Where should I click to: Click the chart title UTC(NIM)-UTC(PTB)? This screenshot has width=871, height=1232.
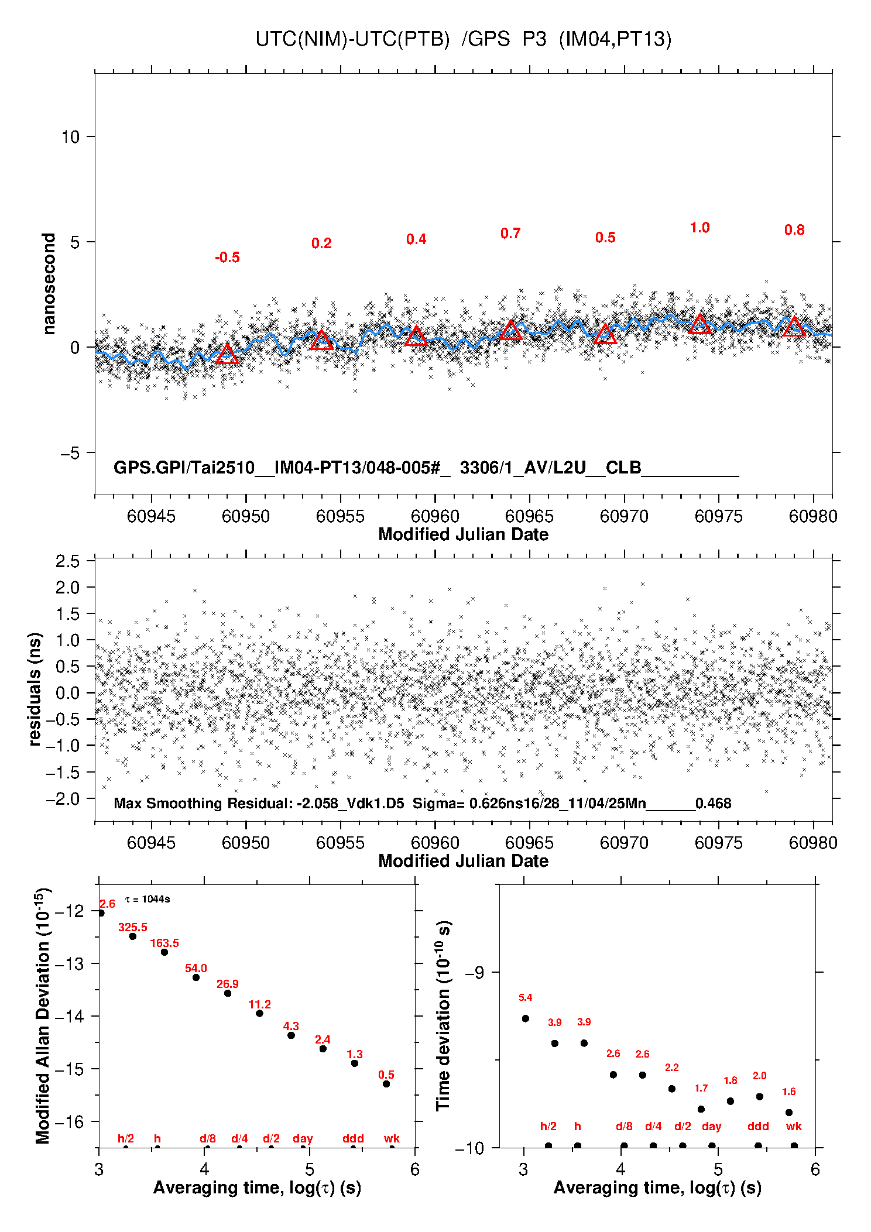(352, 39)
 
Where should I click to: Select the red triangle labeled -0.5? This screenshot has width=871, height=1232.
(227, 354)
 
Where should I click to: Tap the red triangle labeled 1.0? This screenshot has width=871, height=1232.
(699, 324)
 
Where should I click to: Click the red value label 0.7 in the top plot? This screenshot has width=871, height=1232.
(510, 234)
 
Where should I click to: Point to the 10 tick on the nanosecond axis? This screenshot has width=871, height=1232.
(70, 137)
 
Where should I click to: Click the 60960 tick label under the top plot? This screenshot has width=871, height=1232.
(435, 516)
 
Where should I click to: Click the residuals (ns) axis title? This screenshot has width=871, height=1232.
(35, 689)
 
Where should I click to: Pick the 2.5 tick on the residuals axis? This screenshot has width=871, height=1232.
(67, 561)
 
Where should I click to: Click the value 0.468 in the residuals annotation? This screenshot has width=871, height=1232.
(713, 804)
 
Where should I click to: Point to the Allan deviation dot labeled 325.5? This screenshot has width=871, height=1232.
(133, 936)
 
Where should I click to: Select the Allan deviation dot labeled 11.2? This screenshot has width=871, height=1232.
(259, 1013)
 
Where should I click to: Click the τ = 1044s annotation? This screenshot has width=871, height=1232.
(148, 899)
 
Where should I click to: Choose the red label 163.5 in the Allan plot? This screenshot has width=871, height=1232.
(164, 943)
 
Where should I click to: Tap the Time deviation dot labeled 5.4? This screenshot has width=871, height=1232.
(526, 1018)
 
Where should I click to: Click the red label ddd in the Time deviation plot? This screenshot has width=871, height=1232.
(758, 1126)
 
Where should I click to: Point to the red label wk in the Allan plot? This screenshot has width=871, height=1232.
(392, 1138)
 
